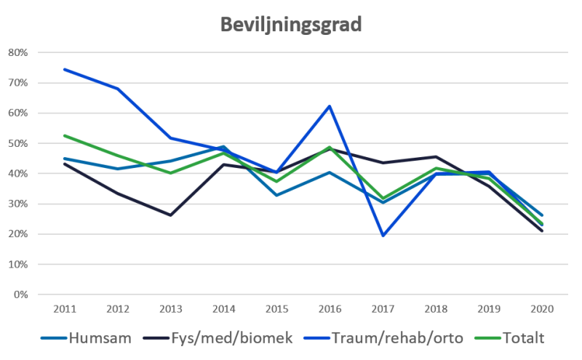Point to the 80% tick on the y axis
click(18, 53)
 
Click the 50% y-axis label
click(18, 144)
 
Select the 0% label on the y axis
click(20, 295)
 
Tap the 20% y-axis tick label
click(18, 234)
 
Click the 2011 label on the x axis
click(65, 309)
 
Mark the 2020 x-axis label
click(540, 309)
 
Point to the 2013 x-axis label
click(170, 309)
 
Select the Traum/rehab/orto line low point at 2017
click(382, 236)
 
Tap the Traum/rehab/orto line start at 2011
click(65, 70)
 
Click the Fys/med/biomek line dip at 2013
click(170, 215)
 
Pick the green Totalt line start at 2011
click(65, 135)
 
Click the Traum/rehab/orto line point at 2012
click(118, 89)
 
